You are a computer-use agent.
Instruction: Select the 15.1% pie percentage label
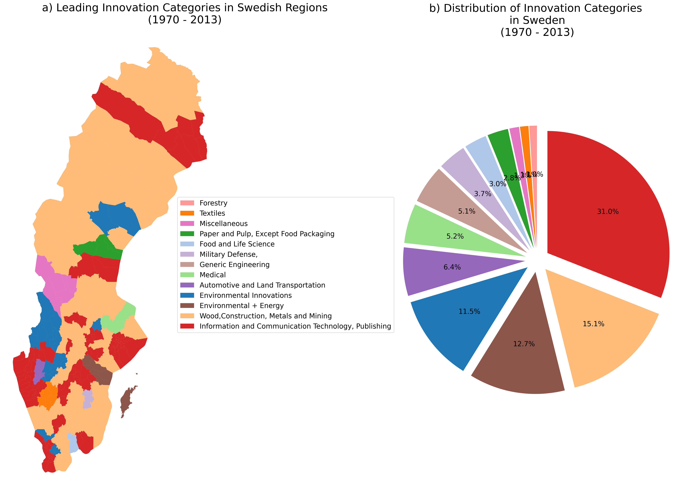(593, 324)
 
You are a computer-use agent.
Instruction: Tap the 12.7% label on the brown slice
(524, 344)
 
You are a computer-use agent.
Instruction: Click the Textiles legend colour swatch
(187, 213)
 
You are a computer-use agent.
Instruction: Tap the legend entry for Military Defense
(228, 254)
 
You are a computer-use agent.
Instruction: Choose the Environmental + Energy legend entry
(241, 306)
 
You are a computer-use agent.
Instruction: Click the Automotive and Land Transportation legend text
(262, 285)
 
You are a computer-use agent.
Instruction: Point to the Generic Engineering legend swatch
(187, 265)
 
